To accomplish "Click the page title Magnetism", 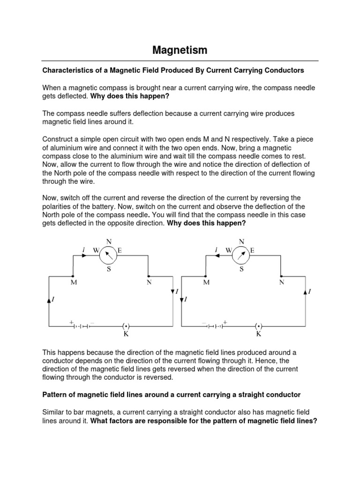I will click(180, 50).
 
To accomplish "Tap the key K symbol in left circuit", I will click(126, 326).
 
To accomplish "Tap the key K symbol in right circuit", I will click(258, 326).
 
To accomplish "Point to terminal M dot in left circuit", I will click(73, 276).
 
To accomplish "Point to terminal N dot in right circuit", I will click(281, 276).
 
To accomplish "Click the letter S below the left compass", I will click(108, 269).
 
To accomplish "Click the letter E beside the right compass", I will click(252, 251).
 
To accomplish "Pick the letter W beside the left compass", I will click(96, 251).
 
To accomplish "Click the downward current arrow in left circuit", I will click(172, 292).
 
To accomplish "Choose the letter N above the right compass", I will click(241, 241).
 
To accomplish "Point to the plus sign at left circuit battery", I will click(72, 322).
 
